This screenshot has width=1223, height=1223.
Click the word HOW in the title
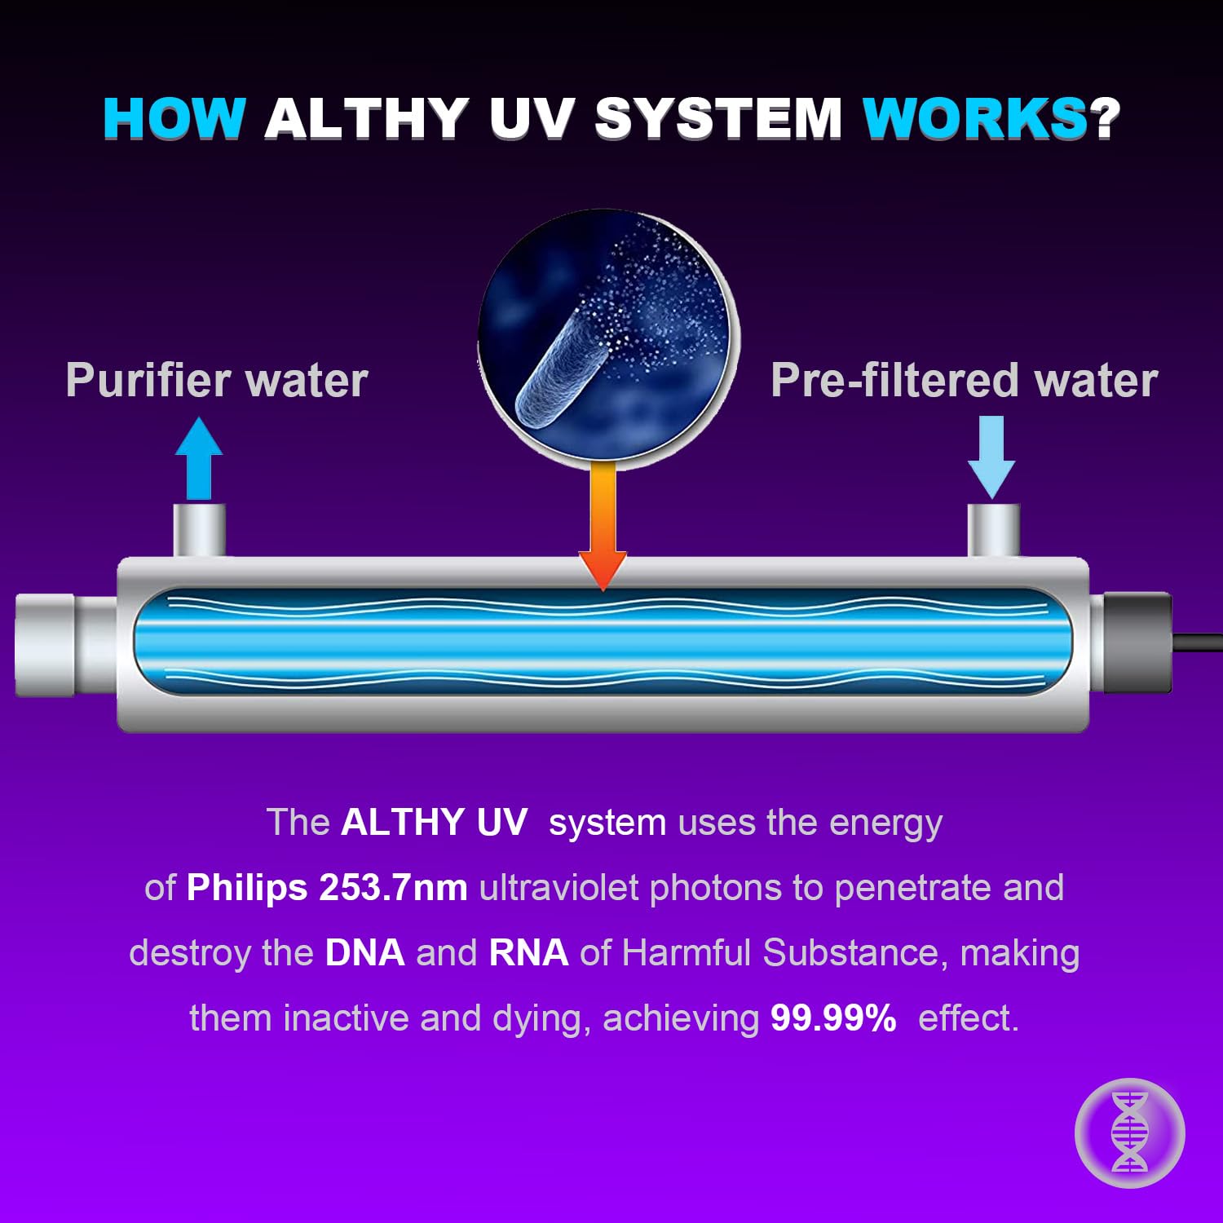tap(174, 119)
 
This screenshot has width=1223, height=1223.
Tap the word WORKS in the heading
tap(975, 119)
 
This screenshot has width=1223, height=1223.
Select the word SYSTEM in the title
tap(718, 119)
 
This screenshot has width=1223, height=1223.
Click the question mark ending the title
tap(1106, 119)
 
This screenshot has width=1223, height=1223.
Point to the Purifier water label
tap(217, 381)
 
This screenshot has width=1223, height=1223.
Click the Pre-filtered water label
tap(964, 381)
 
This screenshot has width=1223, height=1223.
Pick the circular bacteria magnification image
tap(608, 338)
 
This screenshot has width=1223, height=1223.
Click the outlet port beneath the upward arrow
tap(199, 530)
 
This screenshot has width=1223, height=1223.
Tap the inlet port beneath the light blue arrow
tap(993, 530)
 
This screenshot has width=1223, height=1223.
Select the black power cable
tap(1198, 642)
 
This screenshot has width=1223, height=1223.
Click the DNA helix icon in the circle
tap(1129, 1132)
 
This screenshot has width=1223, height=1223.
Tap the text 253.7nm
tap(393, 888)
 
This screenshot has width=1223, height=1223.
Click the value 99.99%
tap(833, 1018)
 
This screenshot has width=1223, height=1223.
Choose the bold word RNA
tap(528, 953)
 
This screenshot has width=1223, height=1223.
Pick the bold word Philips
tap(247, 888)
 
